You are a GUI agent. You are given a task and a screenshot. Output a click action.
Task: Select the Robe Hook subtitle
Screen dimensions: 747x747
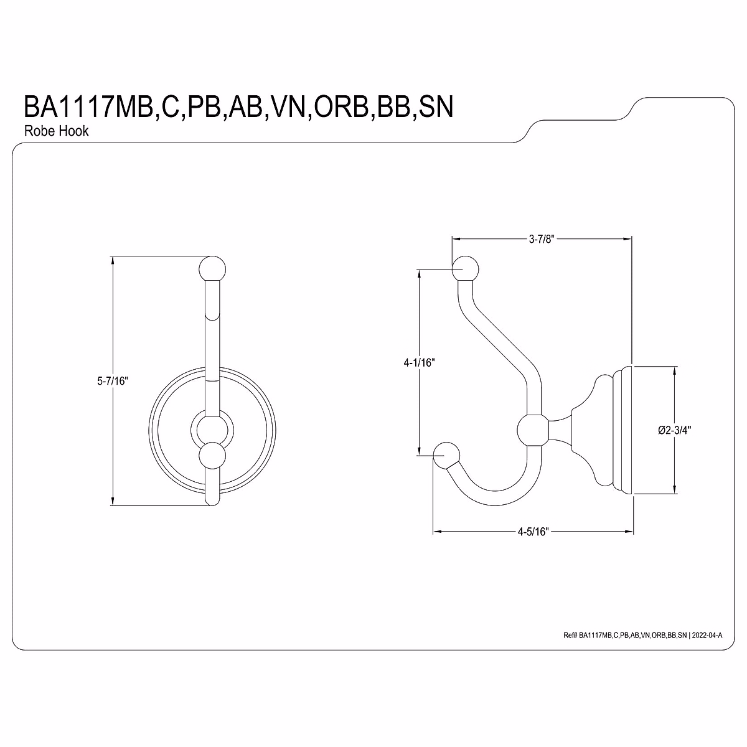tap(56, 131)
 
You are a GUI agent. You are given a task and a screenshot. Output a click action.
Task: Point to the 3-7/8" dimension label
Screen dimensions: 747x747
tap(541, 238)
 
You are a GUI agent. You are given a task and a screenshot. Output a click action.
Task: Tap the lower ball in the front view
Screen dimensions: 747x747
tap(212, 456)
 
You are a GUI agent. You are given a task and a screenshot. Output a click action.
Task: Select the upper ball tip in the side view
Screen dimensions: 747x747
tap(465, 269)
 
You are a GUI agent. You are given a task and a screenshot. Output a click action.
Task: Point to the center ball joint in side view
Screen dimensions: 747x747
tap(533, 430)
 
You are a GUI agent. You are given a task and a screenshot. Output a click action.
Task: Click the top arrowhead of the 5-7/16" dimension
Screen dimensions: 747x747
tap(112, 260)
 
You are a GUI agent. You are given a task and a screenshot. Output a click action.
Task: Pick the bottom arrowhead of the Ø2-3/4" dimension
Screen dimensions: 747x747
tap(675, 490)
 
